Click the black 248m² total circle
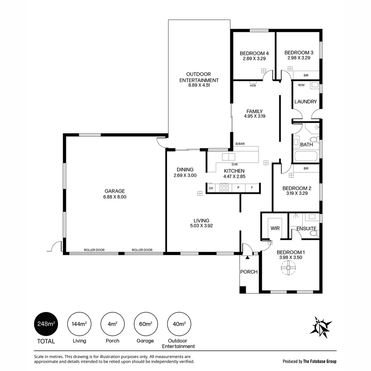coord(46,324)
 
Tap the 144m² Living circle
coord(79,324)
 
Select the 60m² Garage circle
coord(146,324)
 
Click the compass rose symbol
coord(321,327)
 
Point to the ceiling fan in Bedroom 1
coord(289,268)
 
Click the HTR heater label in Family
coord(253,86)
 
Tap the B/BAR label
coord(240,144)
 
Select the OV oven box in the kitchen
coord(211,188)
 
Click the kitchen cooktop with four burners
coord(224,188)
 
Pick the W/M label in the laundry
coord(301,85)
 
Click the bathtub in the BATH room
coord(305,156)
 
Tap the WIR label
coord(275,228)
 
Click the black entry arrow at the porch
coord(247,257)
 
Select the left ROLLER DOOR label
coord(94,250)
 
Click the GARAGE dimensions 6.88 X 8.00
coord(115,197)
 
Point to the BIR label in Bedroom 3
coord(306,76)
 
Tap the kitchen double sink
coord(228,157)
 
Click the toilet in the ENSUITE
coord(314,234)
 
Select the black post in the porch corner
coord(243,290)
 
